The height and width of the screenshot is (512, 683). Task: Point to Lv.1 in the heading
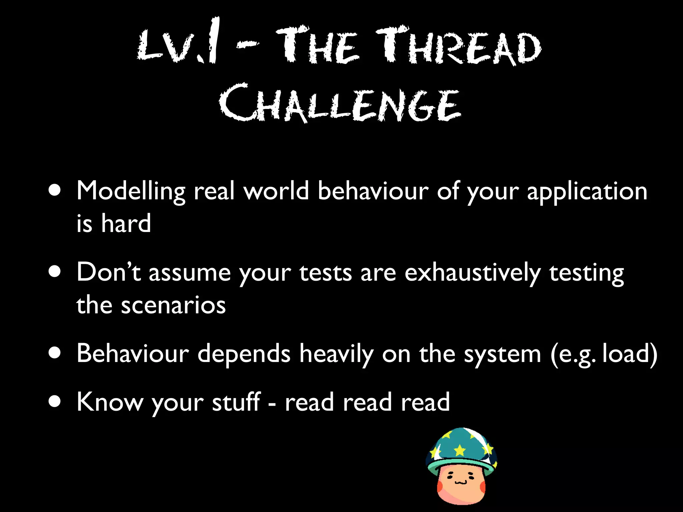(178, 45)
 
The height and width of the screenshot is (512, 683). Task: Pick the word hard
(126, 223)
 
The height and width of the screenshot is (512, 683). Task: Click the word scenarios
(173, 305)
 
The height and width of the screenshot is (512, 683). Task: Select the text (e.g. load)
(604, 354)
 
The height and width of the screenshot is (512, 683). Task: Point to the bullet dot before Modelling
(54, 191)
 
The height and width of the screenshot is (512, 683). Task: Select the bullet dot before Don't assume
(54, 272)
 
